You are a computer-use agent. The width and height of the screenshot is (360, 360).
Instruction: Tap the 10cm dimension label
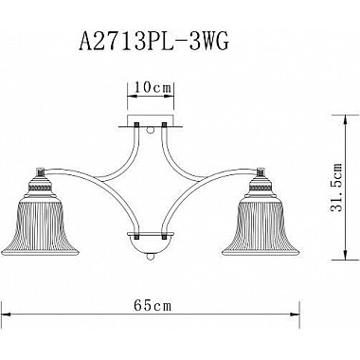click(148, 87)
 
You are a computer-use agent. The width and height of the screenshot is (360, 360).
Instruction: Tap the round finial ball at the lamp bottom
click(149, 258)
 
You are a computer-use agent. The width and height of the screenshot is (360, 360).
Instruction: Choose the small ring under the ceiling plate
click(149, 135)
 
